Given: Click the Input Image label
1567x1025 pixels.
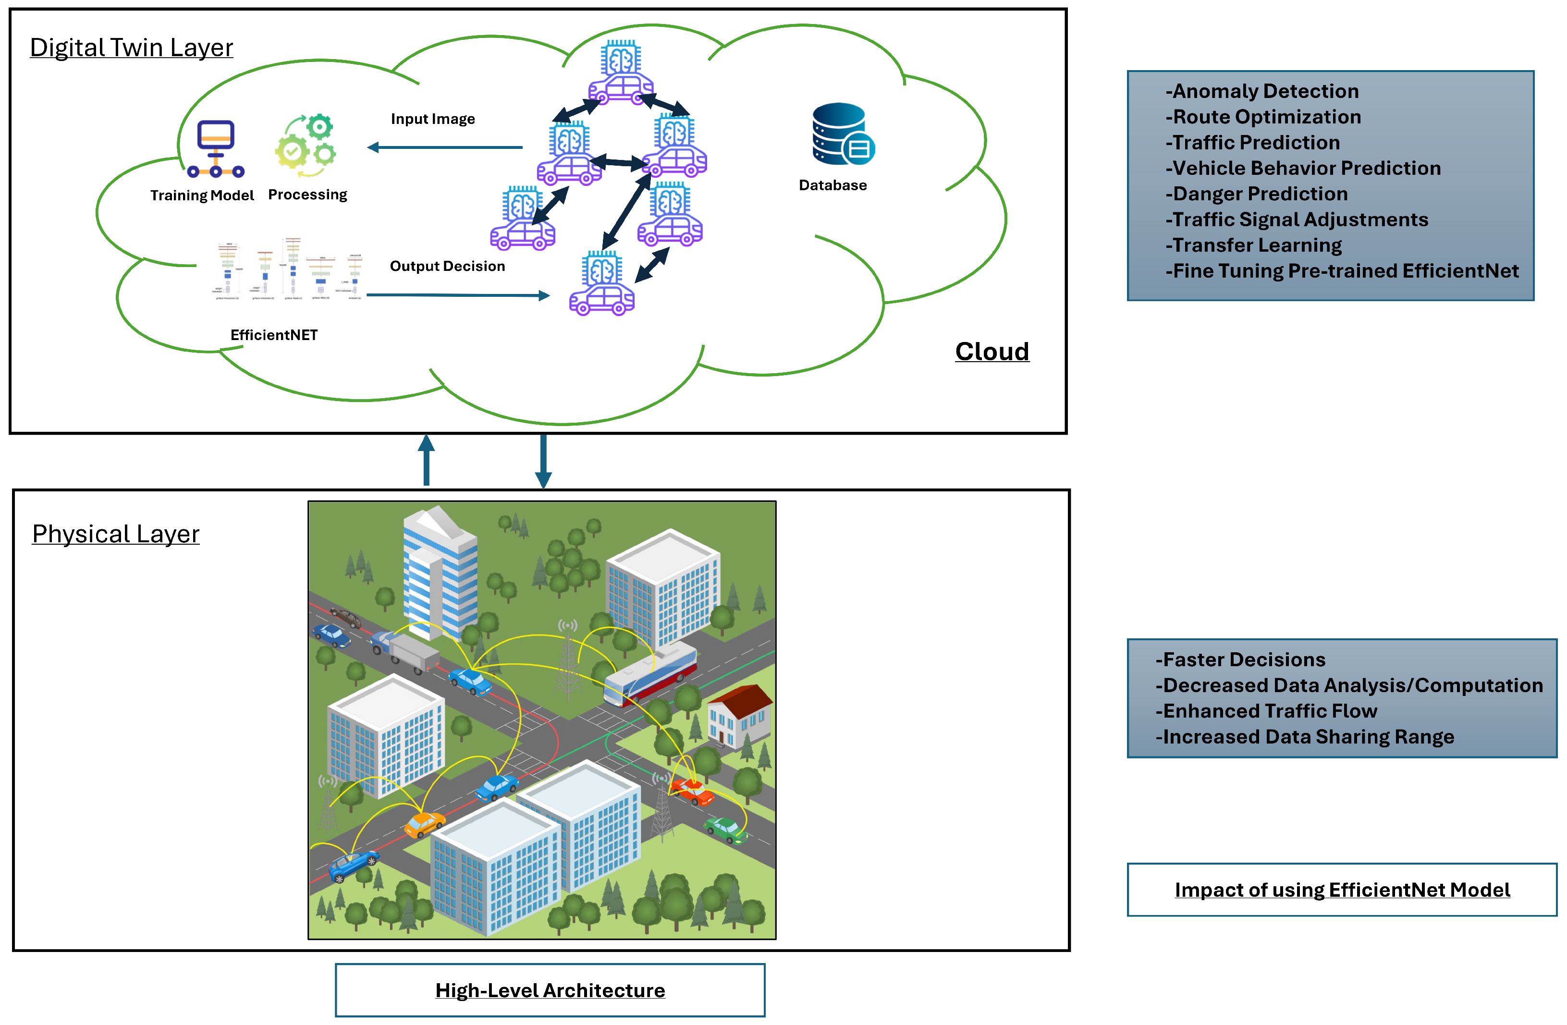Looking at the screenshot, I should pos(432,119).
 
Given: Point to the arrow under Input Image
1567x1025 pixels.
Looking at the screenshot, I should pos(445,147).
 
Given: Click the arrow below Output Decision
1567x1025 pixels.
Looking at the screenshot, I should pos(458,295).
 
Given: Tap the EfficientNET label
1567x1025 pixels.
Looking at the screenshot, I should pos(274,335).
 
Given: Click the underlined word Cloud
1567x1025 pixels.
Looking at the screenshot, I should pos(992,352).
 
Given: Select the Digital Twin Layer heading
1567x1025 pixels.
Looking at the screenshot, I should pos(131,48).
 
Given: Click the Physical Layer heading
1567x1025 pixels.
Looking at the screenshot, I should pos(115,534).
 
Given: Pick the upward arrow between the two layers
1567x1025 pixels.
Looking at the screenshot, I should pos(427,460).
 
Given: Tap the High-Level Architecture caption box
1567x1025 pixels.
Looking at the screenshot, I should pos(550,990).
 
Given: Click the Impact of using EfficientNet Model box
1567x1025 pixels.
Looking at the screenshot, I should pos(1341,890).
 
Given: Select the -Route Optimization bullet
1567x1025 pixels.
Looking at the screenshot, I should pos(1263,117).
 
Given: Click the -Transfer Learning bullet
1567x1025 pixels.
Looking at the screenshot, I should pos(1254,245).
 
